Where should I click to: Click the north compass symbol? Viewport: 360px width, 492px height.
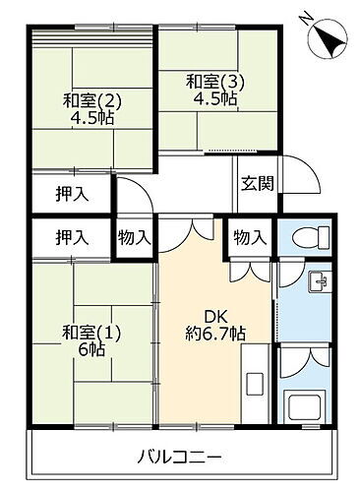[325, 38]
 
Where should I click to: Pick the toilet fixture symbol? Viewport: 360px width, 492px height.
[307, 239]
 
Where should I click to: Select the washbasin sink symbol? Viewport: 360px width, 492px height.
[319, 283]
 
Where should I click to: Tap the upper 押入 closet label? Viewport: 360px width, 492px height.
[71, 193]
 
